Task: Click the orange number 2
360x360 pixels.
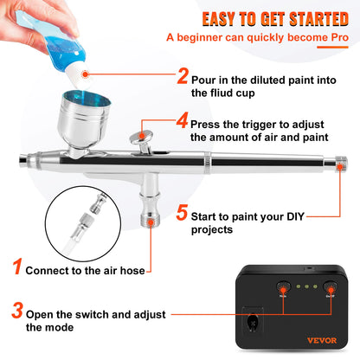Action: (183, 76)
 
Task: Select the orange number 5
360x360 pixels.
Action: (182, 212)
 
